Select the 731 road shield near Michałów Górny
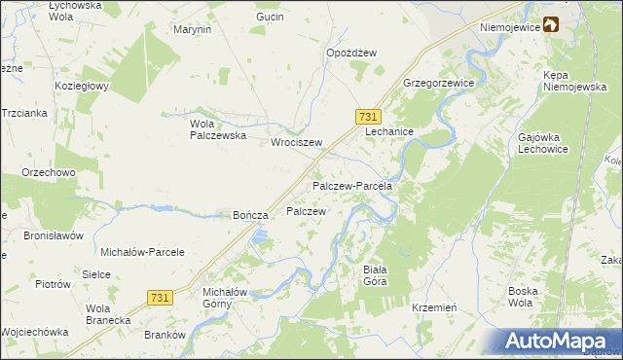coord(162,296)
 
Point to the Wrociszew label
coord(296,141)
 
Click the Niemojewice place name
coord(509,27)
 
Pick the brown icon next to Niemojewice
coord(551,25)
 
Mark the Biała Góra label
coord(375,274)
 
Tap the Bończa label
coord(249,215)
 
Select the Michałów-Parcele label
coord(143,252)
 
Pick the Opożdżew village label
coord(351,54)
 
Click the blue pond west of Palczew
coord(258,235)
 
